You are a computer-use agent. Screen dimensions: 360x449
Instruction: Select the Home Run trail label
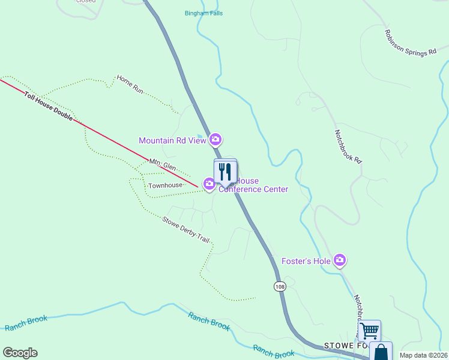[130, 83]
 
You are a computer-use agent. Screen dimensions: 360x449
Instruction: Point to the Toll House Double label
[49, 106]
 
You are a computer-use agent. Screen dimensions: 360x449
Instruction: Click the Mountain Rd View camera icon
[215, 140]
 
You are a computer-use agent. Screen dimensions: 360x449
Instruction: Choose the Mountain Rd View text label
[172, 140]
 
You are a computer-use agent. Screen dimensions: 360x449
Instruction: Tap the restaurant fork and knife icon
[225, 171]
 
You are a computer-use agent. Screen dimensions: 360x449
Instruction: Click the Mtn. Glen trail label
[162, 166]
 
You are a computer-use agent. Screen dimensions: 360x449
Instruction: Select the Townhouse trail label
[165, 185]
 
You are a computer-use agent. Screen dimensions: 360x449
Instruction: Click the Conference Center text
[253, 190]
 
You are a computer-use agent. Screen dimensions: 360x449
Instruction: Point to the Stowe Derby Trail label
[185, 229]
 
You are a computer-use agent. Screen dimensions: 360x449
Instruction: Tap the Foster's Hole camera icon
[340, 260]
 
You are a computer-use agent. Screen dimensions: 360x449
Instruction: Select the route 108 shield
[280, 286]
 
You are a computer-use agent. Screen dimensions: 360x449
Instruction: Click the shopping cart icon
[369, 329]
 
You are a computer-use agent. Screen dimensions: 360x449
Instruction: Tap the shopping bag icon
[381, 352]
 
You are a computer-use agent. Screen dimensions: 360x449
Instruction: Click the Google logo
[20, 353]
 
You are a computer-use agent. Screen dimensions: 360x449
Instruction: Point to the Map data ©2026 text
[424, 355]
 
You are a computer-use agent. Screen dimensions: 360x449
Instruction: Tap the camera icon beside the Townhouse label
[209, 184]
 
